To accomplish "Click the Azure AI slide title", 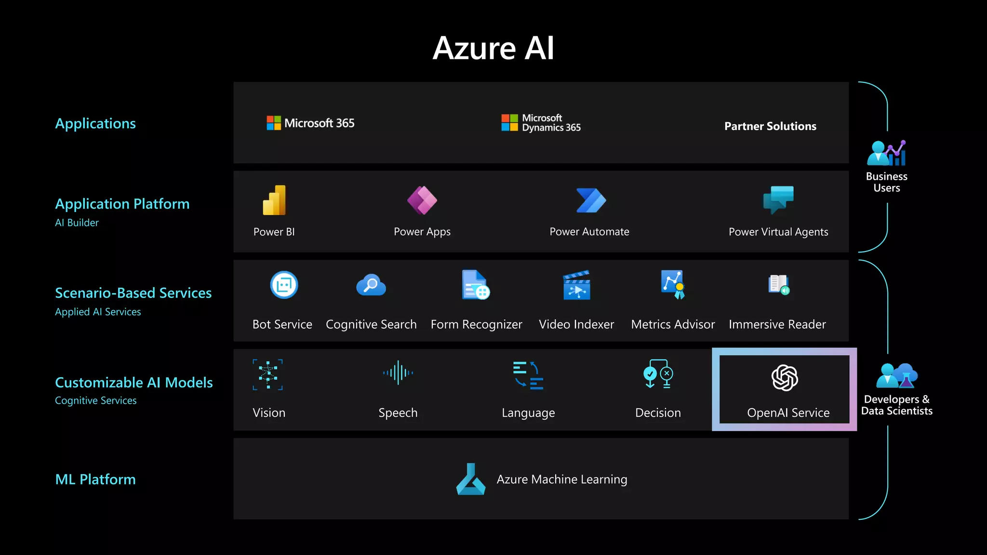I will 493,48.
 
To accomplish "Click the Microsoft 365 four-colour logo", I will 274,123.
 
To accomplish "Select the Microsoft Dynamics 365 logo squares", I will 509,122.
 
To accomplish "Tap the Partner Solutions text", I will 770,126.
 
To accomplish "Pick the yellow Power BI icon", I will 274,200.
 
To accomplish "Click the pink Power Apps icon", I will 422,200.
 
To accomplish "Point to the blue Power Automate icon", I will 591,200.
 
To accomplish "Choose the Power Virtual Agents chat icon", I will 778,199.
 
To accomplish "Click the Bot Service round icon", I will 284,285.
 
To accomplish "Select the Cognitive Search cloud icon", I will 371,285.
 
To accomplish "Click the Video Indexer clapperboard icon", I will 576,285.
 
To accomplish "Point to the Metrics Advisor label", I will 673,324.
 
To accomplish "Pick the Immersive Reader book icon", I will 778,284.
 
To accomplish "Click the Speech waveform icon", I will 398,373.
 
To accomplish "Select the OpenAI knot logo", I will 785,377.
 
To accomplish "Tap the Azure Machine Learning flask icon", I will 470,479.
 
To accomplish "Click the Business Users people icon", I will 886,153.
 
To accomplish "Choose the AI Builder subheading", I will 77,223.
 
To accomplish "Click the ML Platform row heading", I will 95,479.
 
